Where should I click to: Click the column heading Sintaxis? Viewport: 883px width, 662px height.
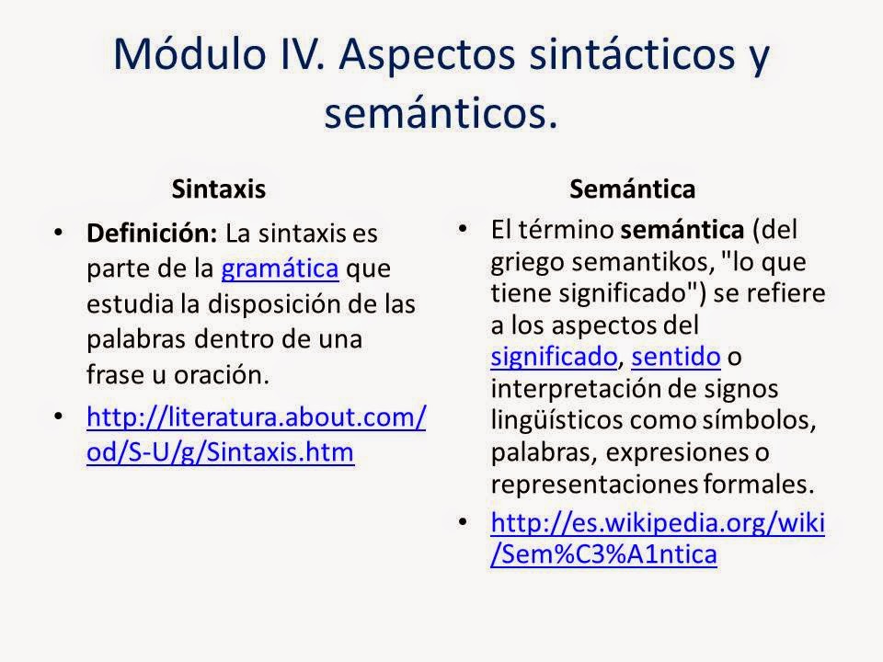pyautogui.click(x=219, y=188)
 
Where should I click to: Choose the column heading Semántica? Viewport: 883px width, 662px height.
pyautogui.click(x=632, y=188)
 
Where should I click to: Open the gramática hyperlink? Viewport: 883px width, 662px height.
pyautogui.click(x=281, y=268)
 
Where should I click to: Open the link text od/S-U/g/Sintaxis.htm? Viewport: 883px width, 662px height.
pyautogui.click(x=220, y=453)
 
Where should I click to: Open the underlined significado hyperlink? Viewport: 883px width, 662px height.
pyautogui.click(x=554, y=355)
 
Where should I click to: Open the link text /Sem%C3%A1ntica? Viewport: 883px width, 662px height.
pyautogui.click(x=604, y=554)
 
